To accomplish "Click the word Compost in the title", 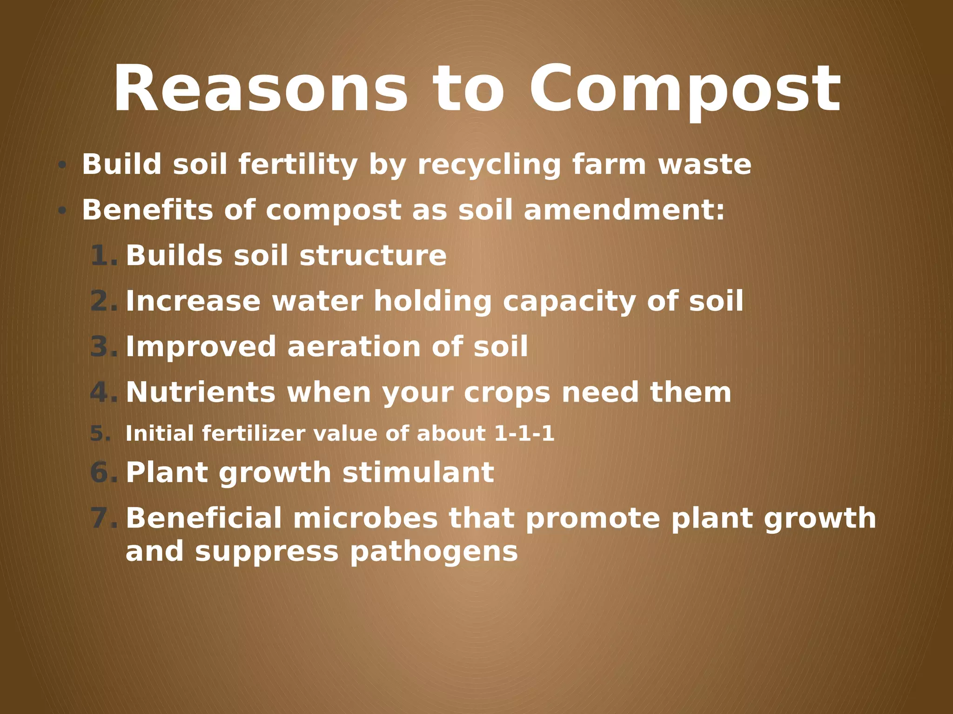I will point(684,91).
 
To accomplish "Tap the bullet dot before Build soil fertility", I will point(62,165).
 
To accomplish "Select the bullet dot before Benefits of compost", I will point(62,211).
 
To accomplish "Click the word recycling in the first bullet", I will point(489,165).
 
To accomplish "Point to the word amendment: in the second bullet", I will point(624,210).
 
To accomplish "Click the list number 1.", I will point(103,256).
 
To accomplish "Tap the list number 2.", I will point(103,301).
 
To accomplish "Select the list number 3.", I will point(103,347).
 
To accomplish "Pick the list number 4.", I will point(103,392).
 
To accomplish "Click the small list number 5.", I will point(100,434).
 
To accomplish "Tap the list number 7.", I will point(103,518).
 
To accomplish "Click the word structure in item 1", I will point(373,256).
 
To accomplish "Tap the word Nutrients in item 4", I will point(201,392).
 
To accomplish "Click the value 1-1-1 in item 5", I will point(524,434).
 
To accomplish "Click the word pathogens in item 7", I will point(434,552).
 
